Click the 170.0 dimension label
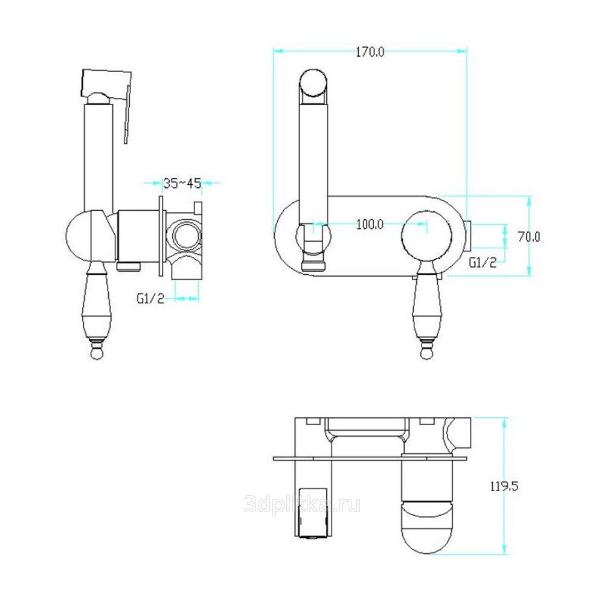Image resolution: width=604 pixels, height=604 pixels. (370, 52)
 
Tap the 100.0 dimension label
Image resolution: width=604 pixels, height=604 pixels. (370, 224)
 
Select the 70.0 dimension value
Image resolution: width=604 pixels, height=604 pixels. (529, 237)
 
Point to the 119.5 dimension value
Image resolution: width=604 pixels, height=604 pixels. (504, 486)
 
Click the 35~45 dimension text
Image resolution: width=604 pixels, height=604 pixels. (182, 184)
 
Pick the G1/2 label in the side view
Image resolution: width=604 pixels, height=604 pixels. (150, 298)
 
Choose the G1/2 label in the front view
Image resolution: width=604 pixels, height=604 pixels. (483, 262)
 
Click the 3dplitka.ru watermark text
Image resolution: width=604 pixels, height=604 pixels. (303, 504)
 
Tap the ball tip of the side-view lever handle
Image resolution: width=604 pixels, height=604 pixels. (97, 353)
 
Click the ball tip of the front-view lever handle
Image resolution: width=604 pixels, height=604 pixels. (426, 353)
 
